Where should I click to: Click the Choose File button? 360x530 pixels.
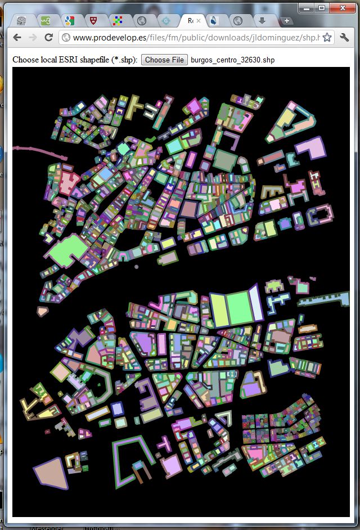coord(164,60)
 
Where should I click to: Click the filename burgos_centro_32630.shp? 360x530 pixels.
coord(233,60)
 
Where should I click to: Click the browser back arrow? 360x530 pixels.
coord(17,38)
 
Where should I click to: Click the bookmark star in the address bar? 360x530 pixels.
coord(327,38)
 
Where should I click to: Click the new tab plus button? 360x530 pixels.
coord(287,21)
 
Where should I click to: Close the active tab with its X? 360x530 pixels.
coord(198,21)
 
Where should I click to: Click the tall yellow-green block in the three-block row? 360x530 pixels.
coord(218,309)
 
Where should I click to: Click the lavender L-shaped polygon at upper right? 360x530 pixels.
coord(311,147)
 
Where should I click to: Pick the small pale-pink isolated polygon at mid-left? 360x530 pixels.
coord(42,310)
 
